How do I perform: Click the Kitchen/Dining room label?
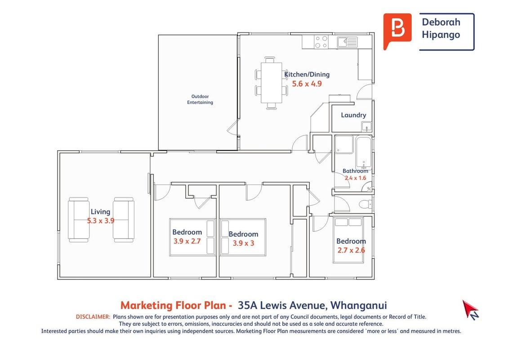pos(307,74)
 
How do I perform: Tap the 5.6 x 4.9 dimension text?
pos(307,84)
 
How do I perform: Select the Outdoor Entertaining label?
pos(200,99)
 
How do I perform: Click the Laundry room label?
pos(353,115)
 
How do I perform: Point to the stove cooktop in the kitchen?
pos(321,42)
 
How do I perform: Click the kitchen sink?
pos(347,42)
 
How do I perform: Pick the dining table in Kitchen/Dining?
pos(272,83)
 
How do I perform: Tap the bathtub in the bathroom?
pos(364,153)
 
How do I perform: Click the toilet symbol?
pos(366,204)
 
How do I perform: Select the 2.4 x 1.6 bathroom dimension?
pos(356,178)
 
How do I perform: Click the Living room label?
pos(100,212)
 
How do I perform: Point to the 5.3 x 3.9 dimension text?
pos(101,221)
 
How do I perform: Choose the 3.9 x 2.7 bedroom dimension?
pos(187,241)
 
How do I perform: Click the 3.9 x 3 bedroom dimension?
pos(243,243)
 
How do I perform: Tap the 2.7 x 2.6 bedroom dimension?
pos(351,251)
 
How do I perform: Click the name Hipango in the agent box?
pos(441,35)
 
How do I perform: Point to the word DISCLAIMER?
pos(93,317)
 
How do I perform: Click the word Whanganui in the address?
pos(358,306)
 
